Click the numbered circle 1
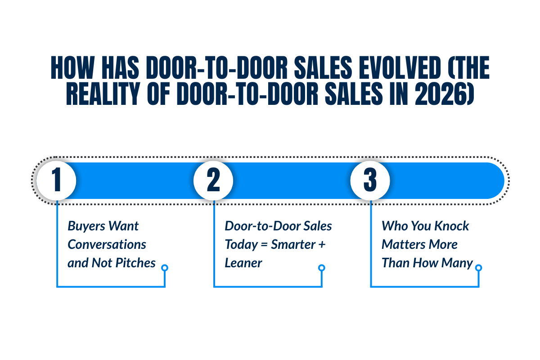56,180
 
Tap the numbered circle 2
213,180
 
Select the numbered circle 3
370,180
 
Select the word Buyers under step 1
85,226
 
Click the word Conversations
107,244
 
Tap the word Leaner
243,263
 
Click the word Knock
451,226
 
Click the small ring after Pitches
165,268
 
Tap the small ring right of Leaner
321,268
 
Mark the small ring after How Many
478,268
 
